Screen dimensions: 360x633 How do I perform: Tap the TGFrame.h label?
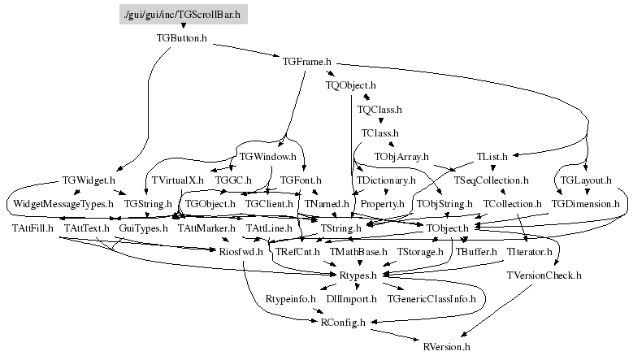point(307,61)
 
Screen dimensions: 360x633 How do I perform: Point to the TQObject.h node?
point(350,85)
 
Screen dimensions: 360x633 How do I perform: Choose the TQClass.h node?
point(379,108)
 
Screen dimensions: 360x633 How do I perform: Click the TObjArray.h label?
point(401,155)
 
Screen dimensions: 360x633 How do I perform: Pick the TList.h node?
point(492,155)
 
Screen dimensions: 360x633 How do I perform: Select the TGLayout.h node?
point(585,180)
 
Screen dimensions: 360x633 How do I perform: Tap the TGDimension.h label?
point(585,203)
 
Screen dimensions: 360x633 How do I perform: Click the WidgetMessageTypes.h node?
point(62,203)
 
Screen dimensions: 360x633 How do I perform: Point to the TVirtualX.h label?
point(177,180)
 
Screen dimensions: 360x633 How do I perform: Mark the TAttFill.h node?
point(33,228)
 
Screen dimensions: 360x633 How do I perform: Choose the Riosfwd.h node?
point(241,253)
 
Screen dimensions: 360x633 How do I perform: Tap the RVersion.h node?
point(446,346)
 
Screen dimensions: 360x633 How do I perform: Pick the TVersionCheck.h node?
point(544,276)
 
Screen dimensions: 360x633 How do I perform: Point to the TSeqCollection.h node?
point(491,180)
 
